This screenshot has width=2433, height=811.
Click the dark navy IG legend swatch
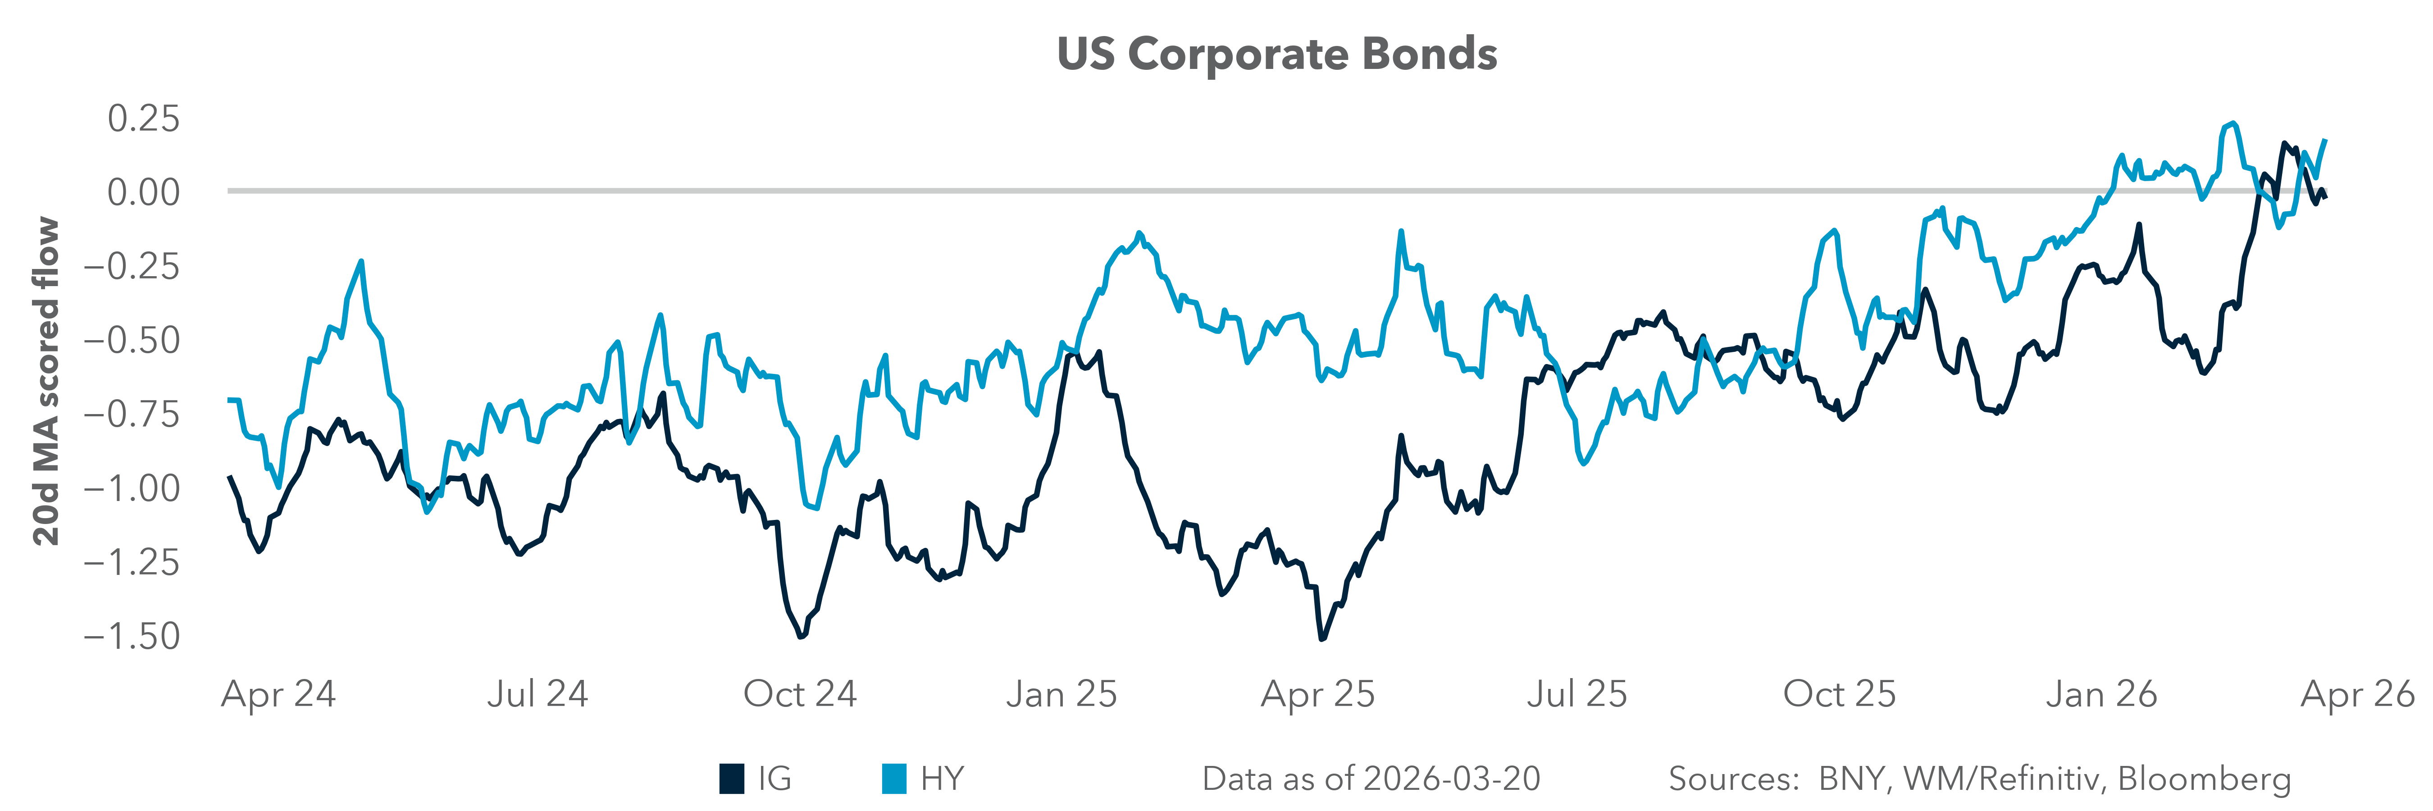tap(732, 779)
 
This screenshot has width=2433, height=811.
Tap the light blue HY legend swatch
tap(893, 779)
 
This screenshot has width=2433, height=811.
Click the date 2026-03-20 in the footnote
tap(1453, 779)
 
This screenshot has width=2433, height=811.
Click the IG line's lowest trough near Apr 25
tap(1321, 639)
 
